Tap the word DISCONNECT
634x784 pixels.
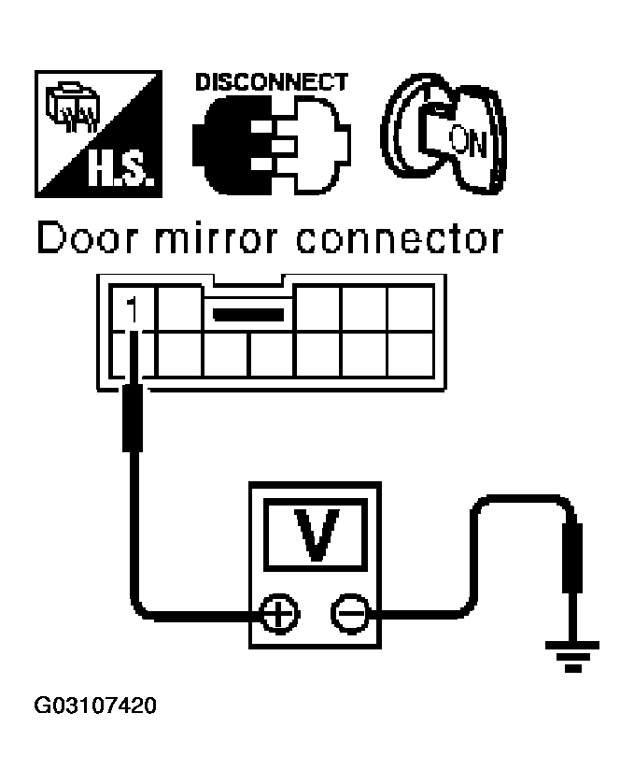[271, 83]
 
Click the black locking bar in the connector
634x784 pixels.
[248, 314]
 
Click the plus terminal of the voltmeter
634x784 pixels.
[279, 614]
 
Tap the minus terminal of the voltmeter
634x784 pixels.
[349, 614]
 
